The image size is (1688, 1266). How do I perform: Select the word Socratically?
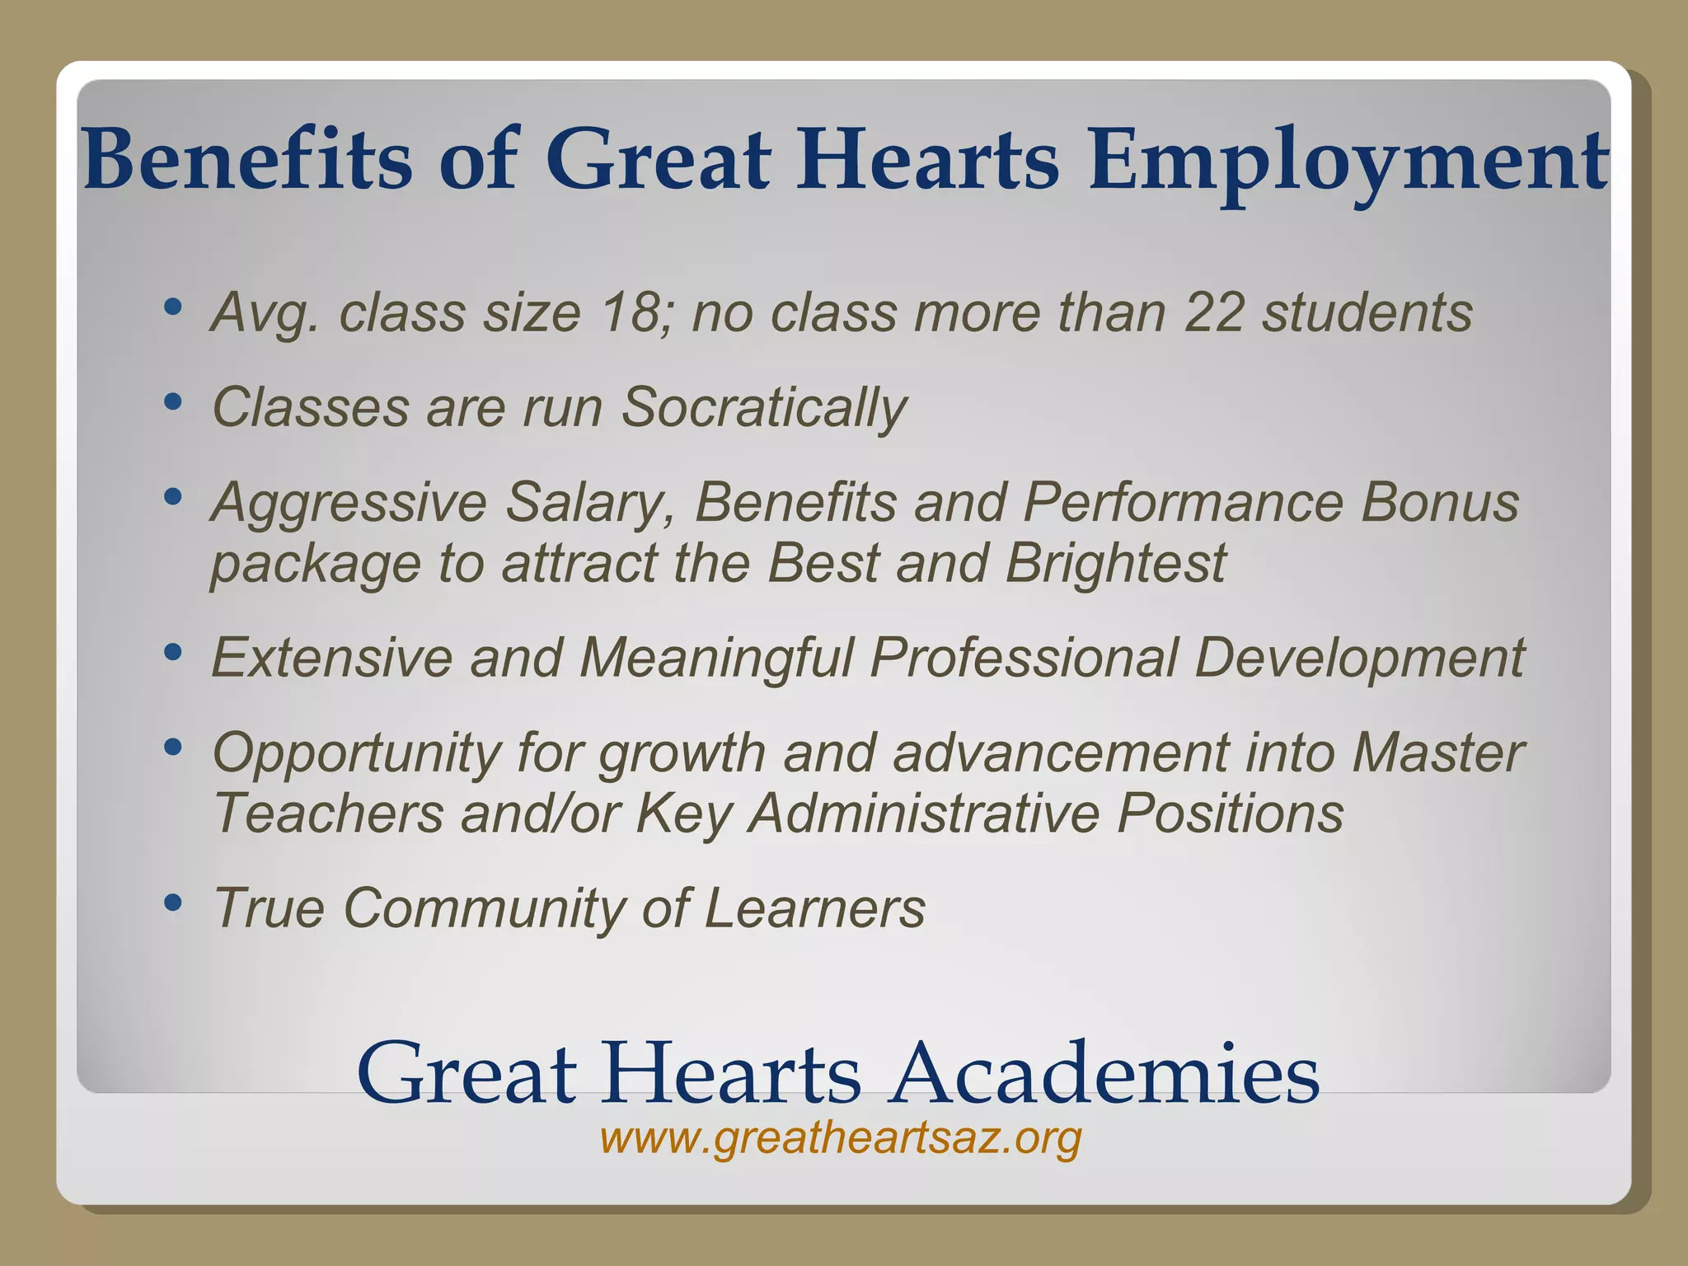coord(764,408)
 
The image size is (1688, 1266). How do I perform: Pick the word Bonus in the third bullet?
coord(1439,502)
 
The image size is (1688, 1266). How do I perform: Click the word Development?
coord(1359,659)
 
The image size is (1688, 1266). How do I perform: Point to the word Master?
coord(1437,753)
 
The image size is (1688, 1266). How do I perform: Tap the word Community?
coord(483,908)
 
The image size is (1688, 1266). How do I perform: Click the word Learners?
coord(814,908)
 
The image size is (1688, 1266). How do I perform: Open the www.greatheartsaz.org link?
coord(841,1139)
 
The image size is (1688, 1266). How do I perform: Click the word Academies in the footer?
coord(1106,1073)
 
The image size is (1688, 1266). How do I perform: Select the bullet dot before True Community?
coord(172,903)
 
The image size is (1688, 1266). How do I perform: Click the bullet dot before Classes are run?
coord(172,402)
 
